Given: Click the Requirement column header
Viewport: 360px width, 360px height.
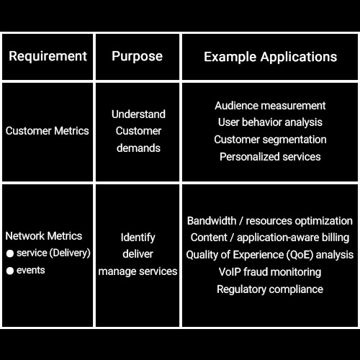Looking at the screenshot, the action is tap(48, 57).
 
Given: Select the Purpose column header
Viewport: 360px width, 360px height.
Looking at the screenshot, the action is tap(137, 57).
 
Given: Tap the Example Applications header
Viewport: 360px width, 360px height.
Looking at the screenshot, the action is tap(271, 57).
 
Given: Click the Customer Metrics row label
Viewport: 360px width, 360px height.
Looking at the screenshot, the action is tap(48, 131).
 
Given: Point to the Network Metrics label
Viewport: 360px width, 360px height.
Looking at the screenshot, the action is tap(44, 236).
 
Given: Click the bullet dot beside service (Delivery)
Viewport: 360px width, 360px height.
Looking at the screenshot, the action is tap(10, 253).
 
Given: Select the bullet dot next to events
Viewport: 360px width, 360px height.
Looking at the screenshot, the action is tap(10, 271).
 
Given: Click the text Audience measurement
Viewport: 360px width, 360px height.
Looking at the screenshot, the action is tap(270, 106).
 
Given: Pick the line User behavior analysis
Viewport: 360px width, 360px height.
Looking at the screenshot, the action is tap(270, 122).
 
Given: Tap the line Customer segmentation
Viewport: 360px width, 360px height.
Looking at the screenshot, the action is tap(270, 140).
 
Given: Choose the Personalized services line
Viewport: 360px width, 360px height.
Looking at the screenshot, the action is tap(270, 157).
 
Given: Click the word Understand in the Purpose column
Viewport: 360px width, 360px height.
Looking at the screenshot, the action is tap(138, 114).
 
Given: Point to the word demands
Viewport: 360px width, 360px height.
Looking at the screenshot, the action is tap(138, 148).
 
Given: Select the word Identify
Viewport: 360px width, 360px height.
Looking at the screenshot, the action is tap(138, 238).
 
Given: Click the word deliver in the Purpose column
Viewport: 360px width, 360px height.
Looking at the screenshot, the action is tap(138, 254).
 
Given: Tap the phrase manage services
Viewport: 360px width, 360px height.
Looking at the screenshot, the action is tap(138, 271).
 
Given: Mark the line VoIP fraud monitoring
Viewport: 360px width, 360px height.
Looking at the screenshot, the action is tap(270, 272).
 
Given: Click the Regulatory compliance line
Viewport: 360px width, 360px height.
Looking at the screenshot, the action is tap(270, 289).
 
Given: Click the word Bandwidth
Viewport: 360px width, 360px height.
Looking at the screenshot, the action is tap(212, 221).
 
